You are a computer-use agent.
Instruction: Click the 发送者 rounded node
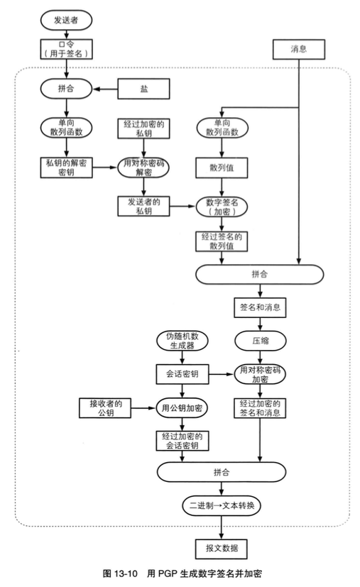pyautogui.click(x=66, y=20)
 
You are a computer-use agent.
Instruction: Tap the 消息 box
pyautogui.click(x=298, y=48)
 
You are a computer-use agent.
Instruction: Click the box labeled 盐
pyautogui.click(x=145, y=89)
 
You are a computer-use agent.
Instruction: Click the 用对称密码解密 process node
pyautogui.click(x=145, y=168)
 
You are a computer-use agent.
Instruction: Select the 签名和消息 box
pyautogui.click(x=260, y=308)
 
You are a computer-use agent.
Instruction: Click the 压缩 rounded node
pyautogui.click(x=260, y=340)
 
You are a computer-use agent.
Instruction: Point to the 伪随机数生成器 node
pyautogui.click(x=182, y=340)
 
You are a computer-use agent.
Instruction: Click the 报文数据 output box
pyautogui.click(x=222, y=547)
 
